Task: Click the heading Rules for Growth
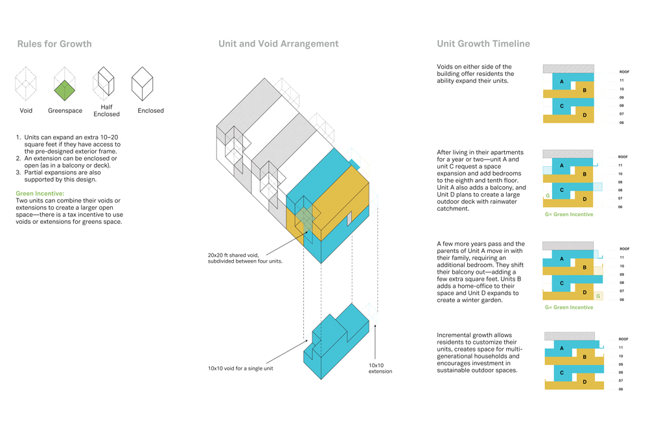tap(54, 45)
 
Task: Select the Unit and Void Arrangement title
tap(278, 44)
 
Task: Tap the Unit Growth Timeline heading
tap(483, 44)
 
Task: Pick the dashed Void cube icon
tap(26, 84)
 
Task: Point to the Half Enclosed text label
tap(106, 111)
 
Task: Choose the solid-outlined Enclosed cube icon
tap(143, 84)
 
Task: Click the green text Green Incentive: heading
tap(40, 193)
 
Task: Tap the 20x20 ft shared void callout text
tap(245, 258)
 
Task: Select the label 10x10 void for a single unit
tap(240, 368)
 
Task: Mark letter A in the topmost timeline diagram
tap(562, 82)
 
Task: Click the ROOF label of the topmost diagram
tap(624, 72)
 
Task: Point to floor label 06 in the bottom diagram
tap(621, 389)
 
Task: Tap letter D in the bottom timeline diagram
tap(585, 382)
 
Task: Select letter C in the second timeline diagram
tap(562, 191)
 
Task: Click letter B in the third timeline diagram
tap(585, 267)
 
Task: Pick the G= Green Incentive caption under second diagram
tap(568, 214)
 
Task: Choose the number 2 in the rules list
tap(19, 158)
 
